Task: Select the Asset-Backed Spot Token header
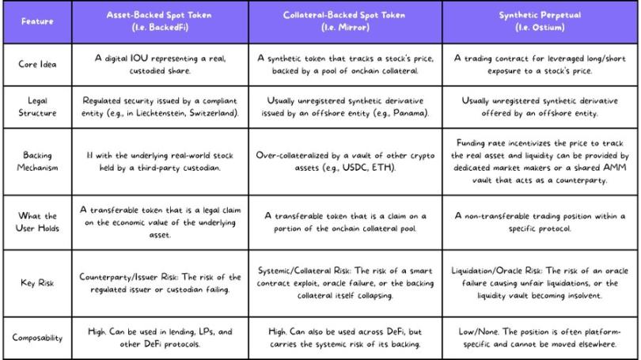click(x=161, y=21)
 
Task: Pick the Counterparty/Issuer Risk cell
click(x=161, y=283)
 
